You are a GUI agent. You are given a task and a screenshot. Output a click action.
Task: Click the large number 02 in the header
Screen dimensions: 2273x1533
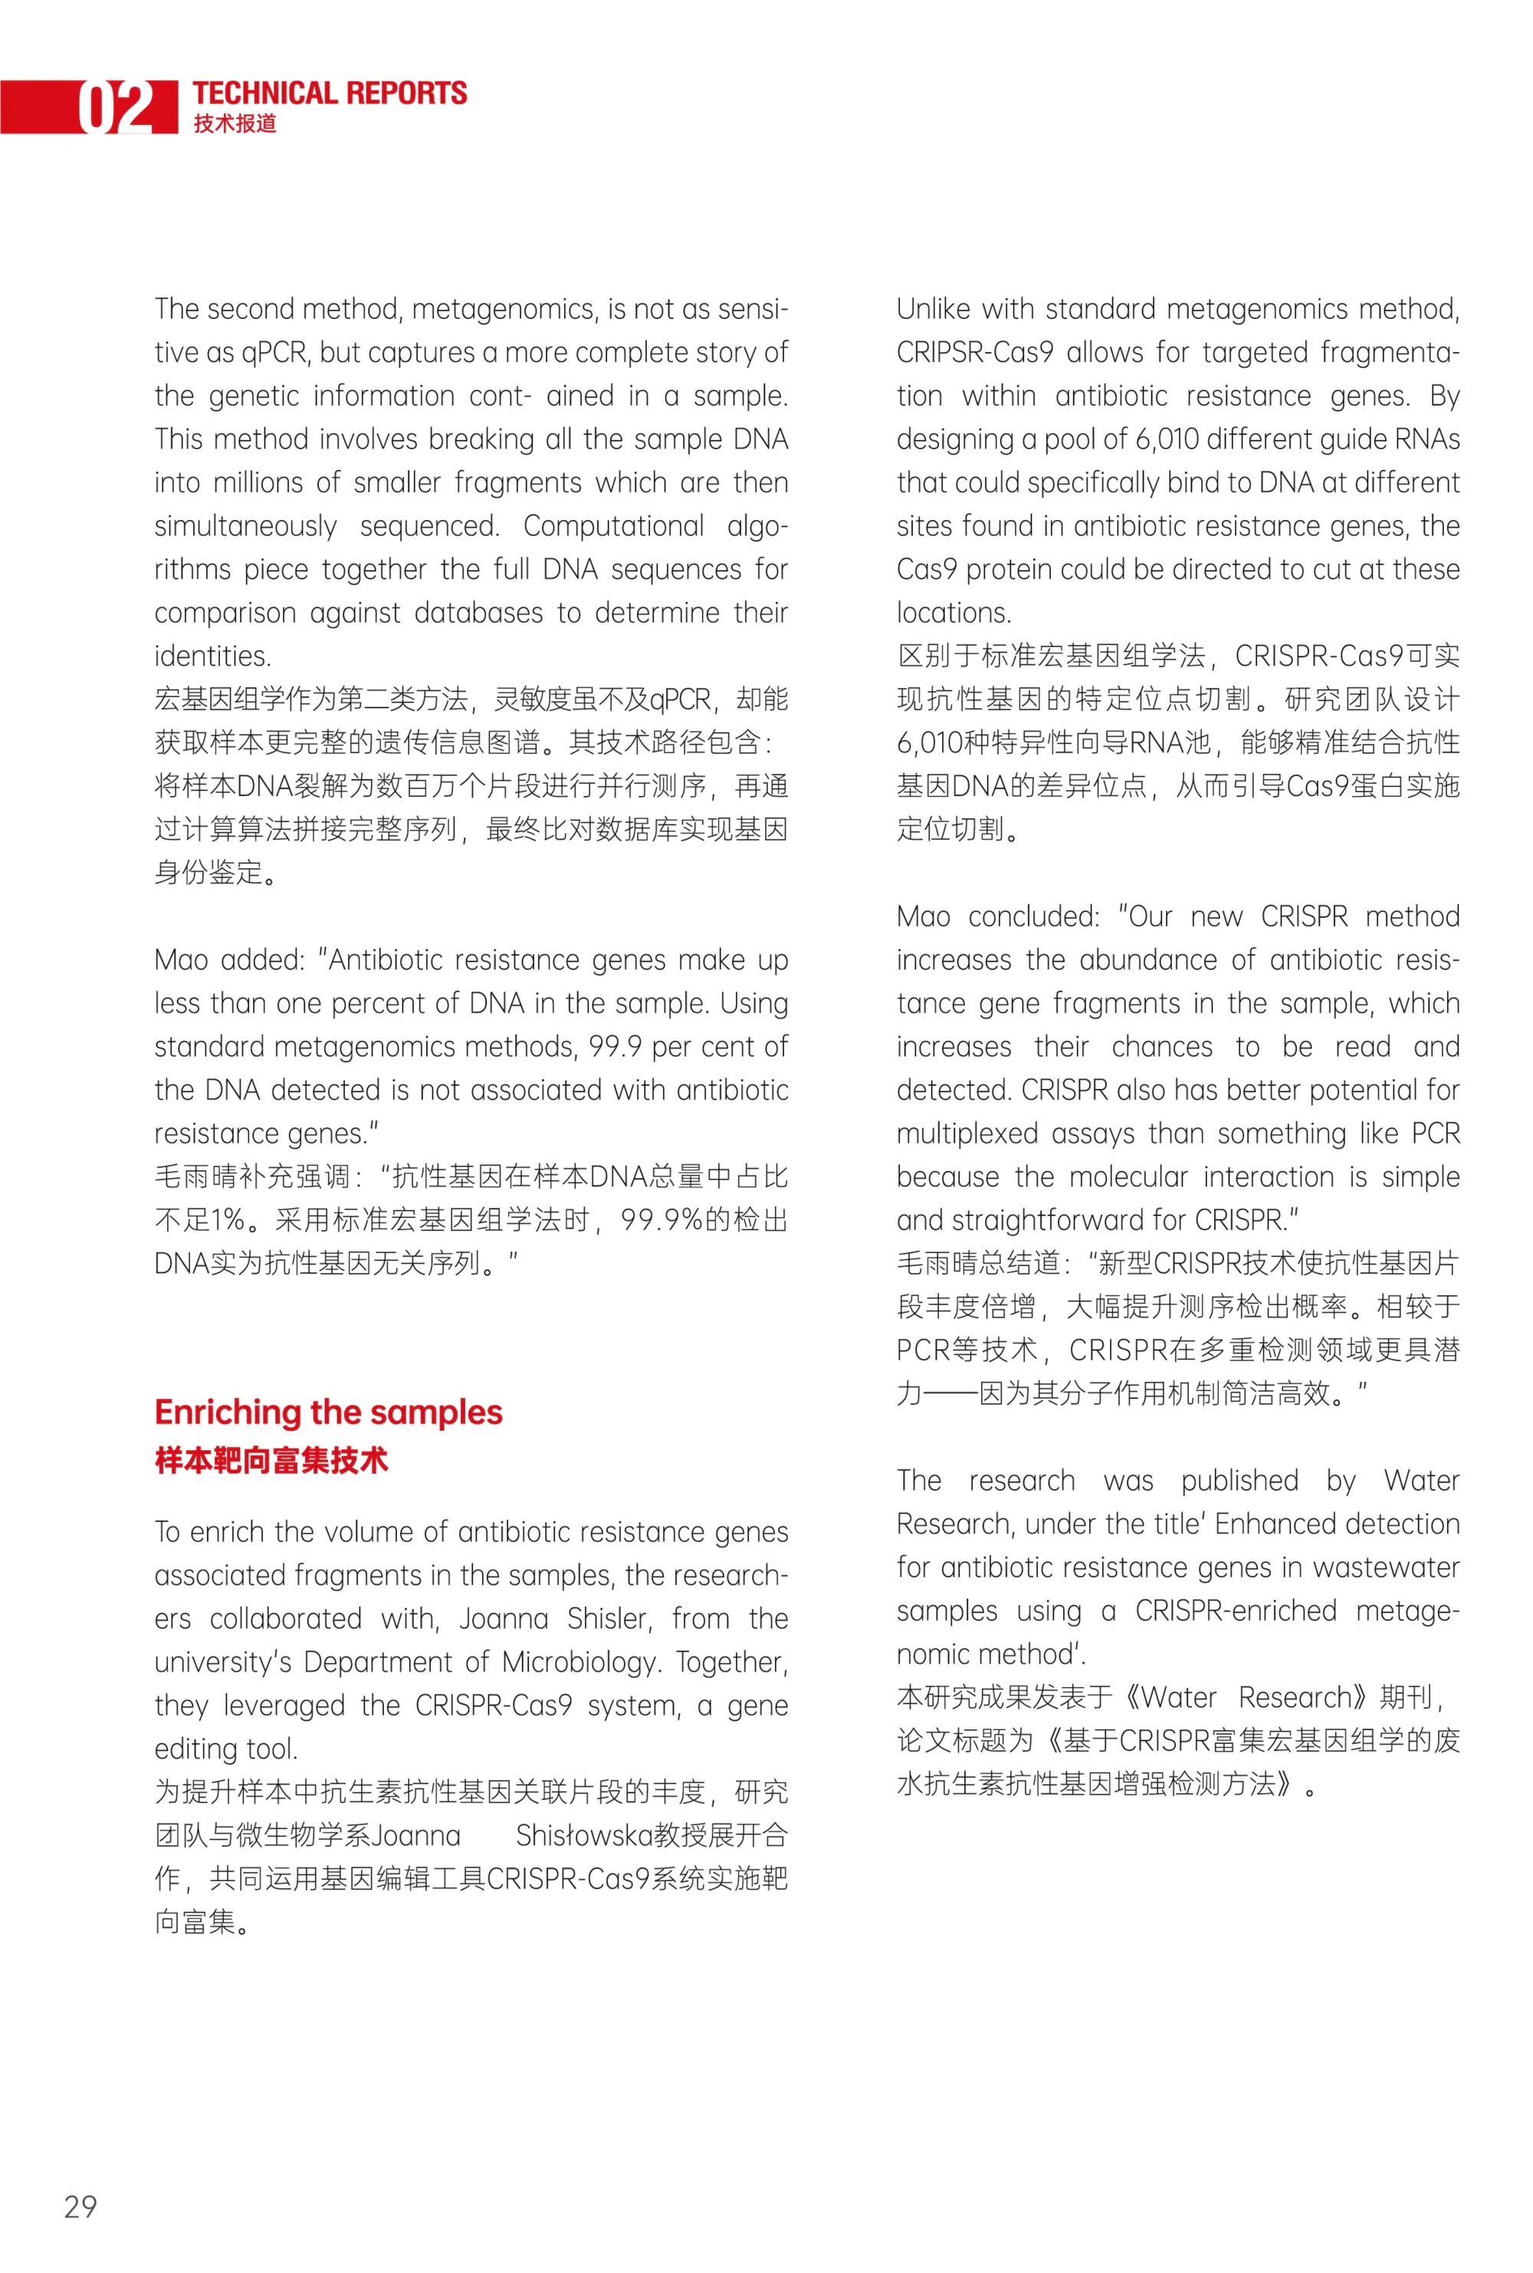117,107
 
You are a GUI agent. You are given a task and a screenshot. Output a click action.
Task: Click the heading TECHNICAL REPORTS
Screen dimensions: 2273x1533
330,93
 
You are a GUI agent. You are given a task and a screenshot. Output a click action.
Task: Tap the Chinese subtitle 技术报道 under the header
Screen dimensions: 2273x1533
235,123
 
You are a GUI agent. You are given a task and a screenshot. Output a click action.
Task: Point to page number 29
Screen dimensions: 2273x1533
80,2206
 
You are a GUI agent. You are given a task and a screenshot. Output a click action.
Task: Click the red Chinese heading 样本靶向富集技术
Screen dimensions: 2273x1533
271,1460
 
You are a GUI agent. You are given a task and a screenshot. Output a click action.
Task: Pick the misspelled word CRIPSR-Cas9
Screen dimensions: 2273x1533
975,352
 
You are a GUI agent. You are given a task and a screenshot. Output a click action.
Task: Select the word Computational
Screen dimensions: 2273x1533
613,526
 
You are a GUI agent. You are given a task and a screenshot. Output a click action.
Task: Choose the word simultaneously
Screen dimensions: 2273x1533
245,526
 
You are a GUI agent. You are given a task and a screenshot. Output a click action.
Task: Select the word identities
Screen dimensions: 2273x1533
212,656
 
